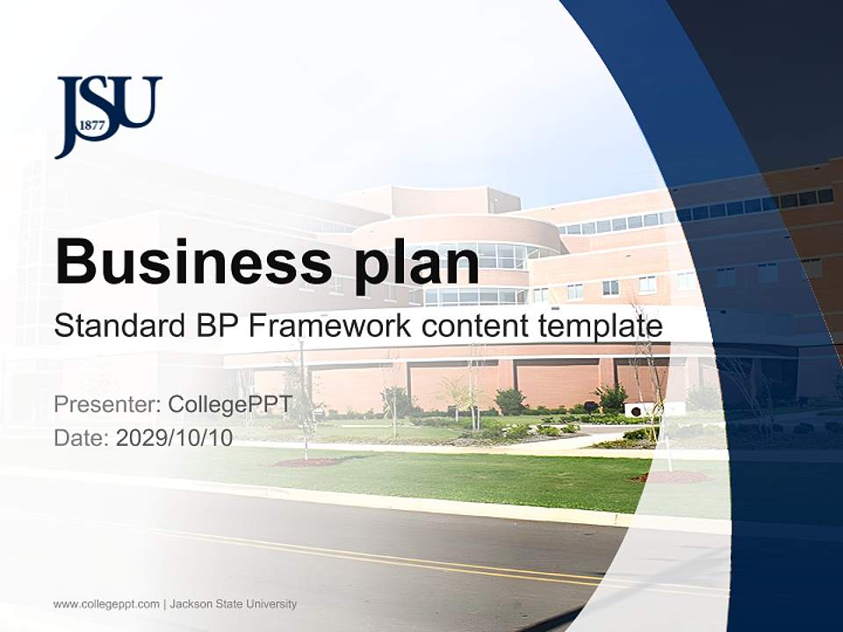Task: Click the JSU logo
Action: coord(108,115)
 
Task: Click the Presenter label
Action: coord(107,405)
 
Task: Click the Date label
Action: coord(82,438)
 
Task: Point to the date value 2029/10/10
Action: coord(175,438)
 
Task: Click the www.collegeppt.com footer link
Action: coord(106,604)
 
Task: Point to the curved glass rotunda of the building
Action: coord(479,263)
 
